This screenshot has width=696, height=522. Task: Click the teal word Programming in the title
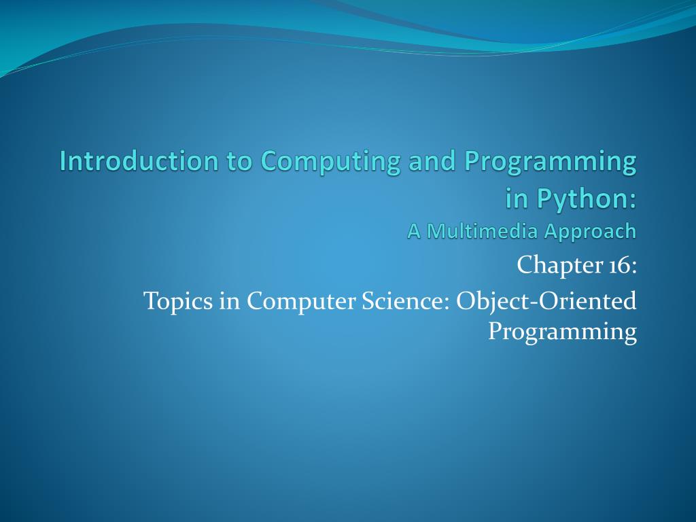coord(551,161)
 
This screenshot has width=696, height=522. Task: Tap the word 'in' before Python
coord(517,198)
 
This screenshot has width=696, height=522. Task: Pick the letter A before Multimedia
coord(415,231)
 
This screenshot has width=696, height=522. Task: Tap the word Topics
coord(178,300)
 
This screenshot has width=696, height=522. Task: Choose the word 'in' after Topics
coord(229,300)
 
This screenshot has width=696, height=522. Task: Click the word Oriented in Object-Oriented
coord(587,300)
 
